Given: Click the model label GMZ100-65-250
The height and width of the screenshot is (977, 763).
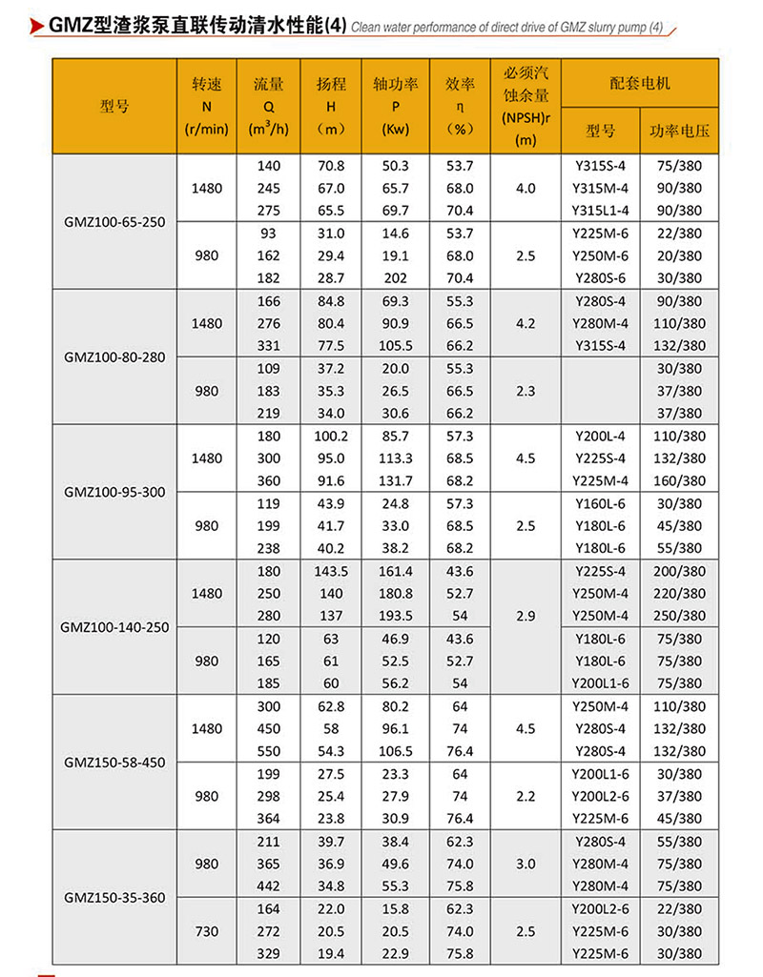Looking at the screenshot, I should tap(113, 222).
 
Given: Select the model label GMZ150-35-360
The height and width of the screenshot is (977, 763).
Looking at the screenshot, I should tap(113, 897).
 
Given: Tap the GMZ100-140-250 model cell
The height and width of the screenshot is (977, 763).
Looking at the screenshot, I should tap(113, 627).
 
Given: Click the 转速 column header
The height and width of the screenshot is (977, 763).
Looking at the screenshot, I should tap(207, 84).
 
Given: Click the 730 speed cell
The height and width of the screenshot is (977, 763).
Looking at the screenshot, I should tap(207, 931).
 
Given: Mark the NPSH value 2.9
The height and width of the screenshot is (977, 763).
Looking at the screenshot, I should tap(526, 616).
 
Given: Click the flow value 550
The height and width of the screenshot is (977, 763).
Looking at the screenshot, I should tap(270, 751).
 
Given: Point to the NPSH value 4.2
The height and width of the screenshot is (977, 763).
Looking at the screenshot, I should tap(526, 323).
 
